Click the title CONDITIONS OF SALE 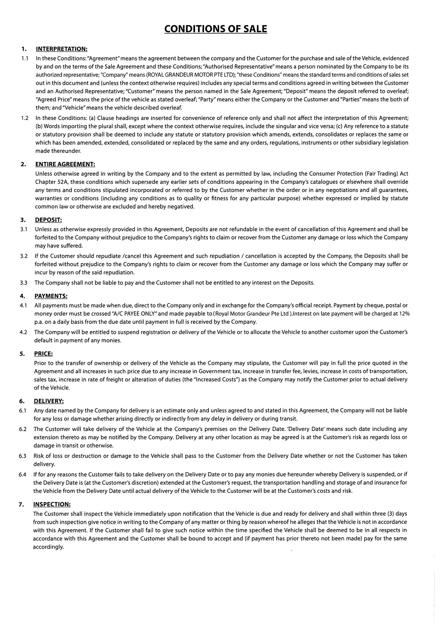click(x=215, y=29)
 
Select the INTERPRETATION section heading click(x=62, y=49)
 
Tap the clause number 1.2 click(x=25, y=118)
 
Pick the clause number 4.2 click(x=23, y=332)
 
